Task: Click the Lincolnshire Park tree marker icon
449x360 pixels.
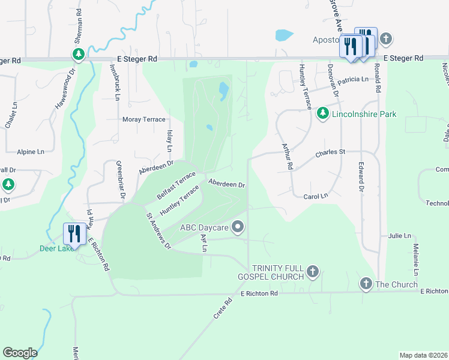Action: [x=322, y=113]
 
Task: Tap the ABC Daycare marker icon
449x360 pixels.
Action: [x=238, y=227]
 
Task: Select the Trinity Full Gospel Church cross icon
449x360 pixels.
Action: [x=312, y=272]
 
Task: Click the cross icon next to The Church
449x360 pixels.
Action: [x=366, y=284]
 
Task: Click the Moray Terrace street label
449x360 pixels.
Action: [x=143, y=119]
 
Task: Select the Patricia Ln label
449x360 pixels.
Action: [x=352, y=79]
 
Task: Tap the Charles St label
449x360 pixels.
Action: [x=331, y=152]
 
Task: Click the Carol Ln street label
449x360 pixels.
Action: [x=316, y=196]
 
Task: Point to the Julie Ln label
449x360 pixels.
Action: [x=399, y=236]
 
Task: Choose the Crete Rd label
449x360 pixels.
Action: [x=222, y=309]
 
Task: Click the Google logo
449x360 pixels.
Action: [x=20, y=353]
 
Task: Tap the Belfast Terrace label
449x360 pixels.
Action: [x=176, y=185]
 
